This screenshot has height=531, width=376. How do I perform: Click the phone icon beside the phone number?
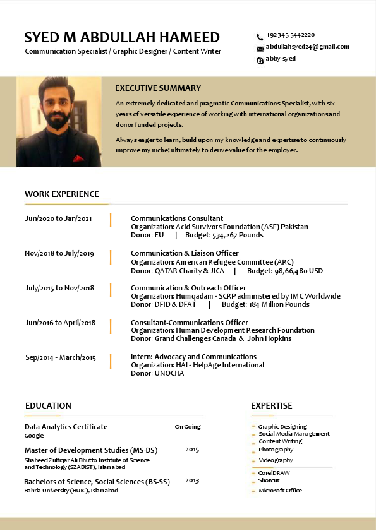(260, 37)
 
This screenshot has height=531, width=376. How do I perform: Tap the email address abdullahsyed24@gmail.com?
(307, 47)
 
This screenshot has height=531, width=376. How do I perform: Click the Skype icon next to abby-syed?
(260, 59)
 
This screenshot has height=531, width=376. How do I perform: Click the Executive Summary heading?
(158, 88)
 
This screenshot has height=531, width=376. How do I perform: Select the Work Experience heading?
(62, 194)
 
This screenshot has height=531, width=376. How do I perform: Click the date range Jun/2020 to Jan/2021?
(59, 218)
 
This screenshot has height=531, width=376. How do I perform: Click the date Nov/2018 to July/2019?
(59, 253)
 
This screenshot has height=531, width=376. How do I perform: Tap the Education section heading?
(48, 406)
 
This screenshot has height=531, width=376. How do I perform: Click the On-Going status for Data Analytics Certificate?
(188, 427)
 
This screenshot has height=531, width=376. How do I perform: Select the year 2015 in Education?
(192, 450)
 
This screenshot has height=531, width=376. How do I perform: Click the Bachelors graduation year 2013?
(192, 480)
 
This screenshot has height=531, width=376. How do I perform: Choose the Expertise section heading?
(272, 406)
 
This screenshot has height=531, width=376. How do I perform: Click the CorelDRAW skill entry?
(274, 473)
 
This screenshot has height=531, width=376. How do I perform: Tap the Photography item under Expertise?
(276, 450)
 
